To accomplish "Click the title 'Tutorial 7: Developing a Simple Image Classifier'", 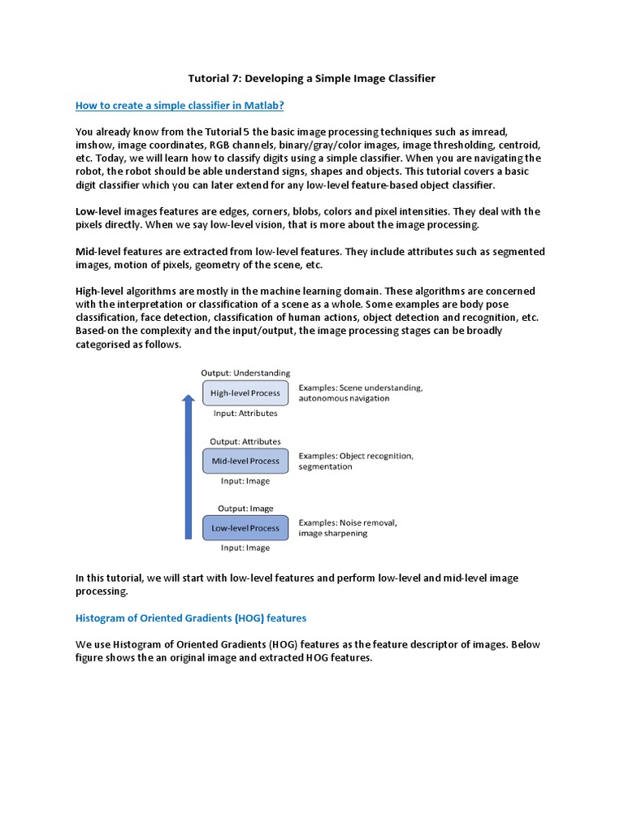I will click(x=312, y=79).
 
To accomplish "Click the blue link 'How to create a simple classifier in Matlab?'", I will click(x=180, y=106).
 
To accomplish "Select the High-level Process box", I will click(x=245, y=393).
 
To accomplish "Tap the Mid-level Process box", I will click(x=245, y=461).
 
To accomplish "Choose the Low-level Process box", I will click(x=245, y=528).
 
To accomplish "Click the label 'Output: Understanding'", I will click(x=245, y=373).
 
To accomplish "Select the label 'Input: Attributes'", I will click(x=245, y=413).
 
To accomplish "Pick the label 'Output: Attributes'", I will click(x=245, y=441).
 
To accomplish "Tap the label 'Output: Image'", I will click(x=245, y=509).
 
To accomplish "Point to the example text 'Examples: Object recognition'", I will click(x=356, y=456).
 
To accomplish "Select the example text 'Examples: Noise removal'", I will click(x=348, y=522).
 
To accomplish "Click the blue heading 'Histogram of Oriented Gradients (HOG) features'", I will click(x=191, y=618).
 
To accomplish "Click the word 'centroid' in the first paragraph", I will click(x=517, y=145).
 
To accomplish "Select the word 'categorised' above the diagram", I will click(x=104, y=344).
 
